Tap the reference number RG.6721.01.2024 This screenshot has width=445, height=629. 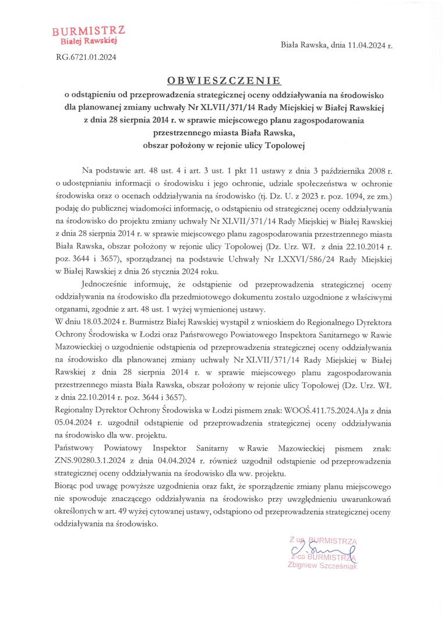[x=86, y=56]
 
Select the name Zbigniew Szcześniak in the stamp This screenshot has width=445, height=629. [x=322, y=564]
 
